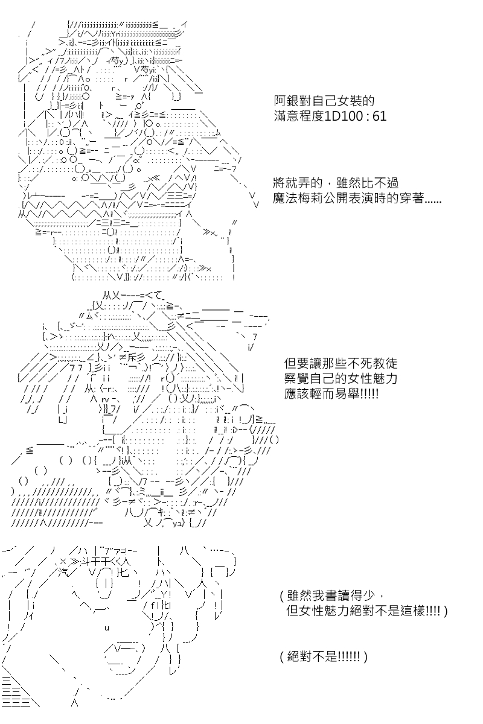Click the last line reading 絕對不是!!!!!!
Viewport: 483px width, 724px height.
coord(324,656)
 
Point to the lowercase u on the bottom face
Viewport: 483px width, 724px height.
coord(107,628)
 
